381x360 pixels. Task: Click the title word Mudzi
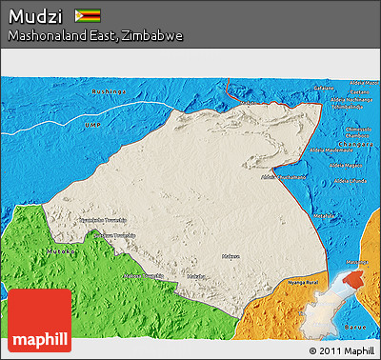[35, 16]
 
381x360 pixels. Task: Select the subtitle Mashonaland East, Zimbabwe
[95, 35]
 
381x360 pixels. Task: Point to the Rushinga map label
[108, 91]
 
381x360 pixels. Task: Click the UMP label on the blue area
[92, 125]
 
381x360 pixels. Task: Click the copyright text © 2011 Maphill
[341, 350]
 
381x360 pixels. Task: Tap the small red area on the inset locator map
[354, 277]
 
